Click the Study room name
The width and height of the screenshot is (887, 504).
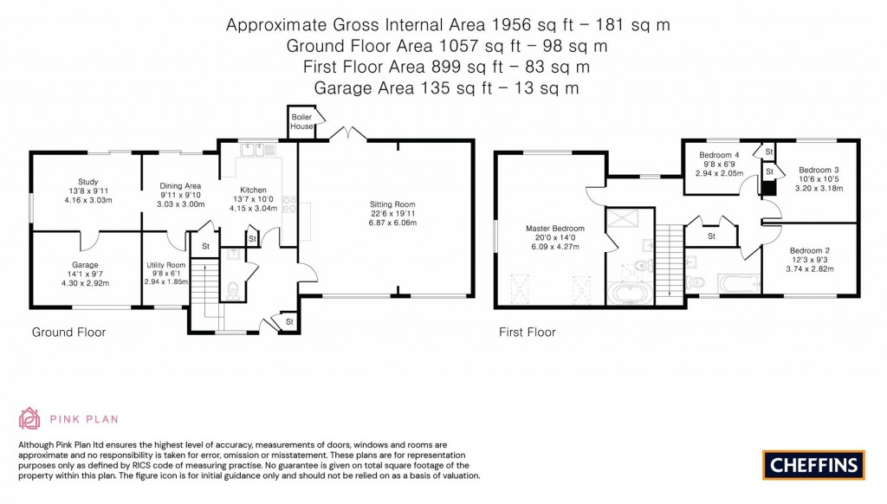[x=88, y=182]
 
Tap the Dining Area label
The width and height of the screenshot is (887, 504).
[x=180, y=185]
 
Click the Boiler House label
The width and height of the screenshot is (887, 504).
[x=301, y=121]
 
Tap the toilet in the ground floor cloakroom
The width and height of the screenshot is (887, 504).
[x=230, y=289]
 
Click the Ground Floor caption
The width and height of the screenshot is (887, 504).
[x=68, y=332]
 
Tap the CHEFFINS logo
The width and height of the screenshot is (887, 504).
[x=813, y=464]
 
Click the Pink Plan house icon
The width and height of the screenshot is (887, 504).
[x=30, y=418]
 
